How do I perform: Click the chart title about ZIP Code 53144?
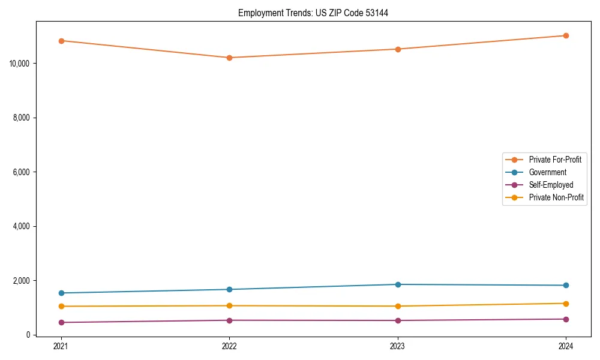click(x=313, y=13)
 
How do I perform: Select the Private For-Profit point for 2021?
click(x=61, y=41)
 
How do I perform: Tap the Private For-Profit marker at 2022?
click(x=229, y=58)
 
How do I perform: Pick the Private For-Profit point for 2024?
click(x=566, y=35)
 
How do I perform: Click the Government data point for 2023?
click(x=398, y=284)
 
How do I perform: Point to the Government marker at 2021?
click(x=61, y=293)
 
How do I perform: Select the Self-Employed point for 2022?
click(x=229, y=320)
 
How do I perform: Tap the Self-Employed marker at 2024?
click(x=566, y=319)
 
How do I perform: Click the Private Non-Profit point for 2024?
click(x=566, y=304)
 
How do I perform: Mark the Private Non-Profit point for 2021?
click(x=61, y=306)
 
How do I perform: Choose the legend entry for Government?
click(x=547, y=172)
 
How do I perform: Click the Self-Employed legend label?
click(x=551, y=185)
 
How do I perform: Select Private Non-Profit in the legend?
click(x=556, y=197)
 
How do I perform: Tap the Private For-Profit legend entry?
click(x=555, y=160)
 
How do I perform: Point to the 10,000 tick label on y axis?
click(x=21, y=63)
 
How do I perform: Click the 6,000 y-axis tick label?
click(x=23, y=172)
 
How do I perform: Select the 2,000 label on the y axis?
click(x=23, y=281)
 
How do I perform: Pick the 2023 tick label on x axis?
click(x=398, y=346)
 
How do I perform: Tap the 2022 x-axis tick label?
click(x=229, y=346)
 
